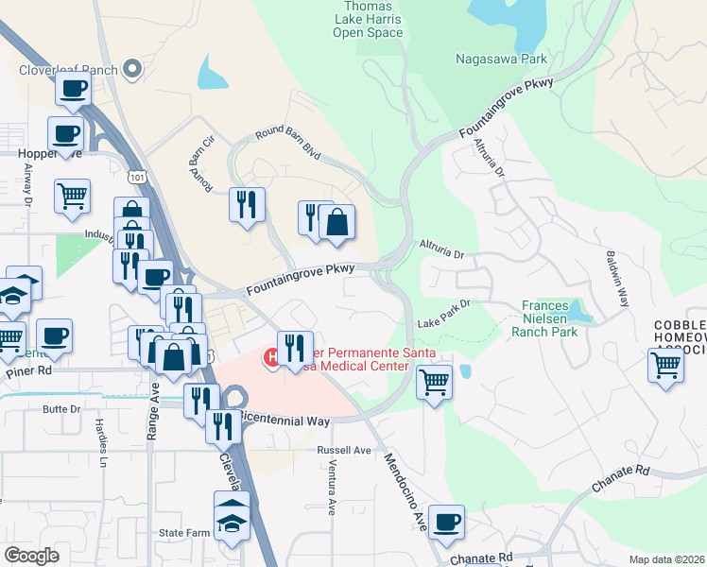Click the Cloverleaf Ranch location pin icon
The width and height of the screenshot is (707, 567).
(133, 68)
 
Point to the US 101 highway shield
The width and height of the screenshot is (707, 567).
(137, 176)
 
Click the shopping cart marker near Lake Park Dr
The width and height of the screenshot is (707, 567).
(434, 382)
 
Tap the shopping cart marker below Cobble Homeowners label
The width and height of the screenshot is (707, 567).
(665, 365)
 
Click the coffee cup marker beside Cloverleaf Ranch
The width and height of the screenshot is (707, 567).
(74, 90)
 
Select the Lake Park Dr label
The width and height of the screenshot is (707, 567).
(443, 313)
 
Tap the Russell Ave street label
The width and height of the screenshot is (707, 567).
(344, 450)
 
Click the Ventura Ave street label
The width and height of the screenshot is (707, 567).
(331, 492)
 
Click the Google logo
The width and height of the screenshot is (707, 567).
(31, 555)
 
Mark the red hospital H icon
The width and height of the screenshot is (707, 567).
(271, 357)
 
